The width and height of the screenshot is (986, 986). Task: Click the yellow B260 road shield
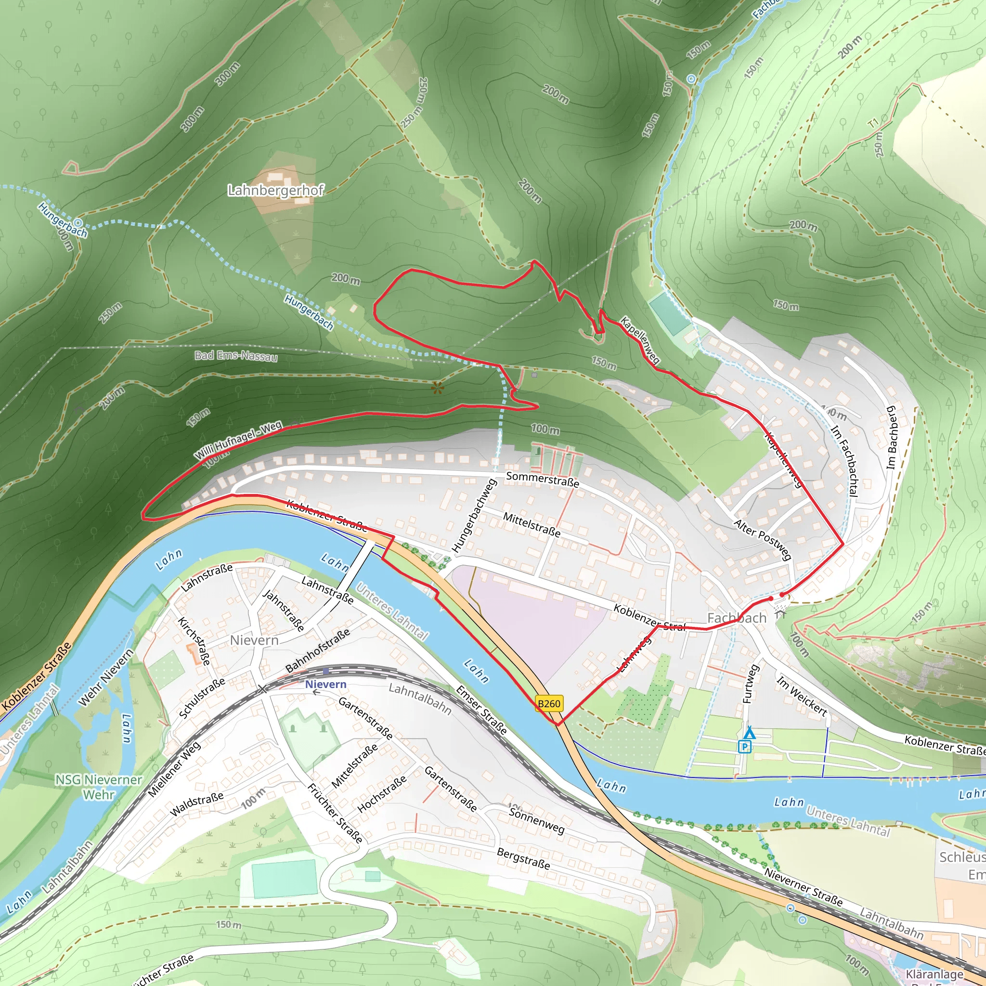click(x=549, y=704)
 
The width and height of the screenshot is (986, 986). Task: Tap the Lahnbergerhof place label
click(x=275, y=190)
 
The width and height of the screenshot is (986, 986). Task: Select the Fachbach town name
click(x=737, y=618)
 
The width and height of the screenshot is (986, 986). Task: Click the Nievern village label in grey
click(x=254, y=640)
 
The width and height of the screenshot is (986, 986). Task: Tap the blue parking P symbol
click(x=746, y=747)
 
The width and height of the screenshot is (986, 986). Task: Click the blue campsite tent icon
click(x=749, y=734)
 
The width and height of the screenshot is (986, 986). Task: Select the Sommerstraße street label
click(x=543, y=480)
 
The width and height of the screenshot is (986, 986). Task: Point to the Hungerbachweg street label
click(x=474, y=516)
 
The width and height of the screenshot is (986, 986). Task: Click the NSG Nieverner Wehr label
click(x=99, y=787)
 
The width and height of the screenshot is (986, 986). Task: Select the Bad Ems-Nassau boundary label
click(x=236, y=355)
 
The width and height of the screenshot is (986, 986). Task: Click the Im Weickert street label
click(x=801, y=695)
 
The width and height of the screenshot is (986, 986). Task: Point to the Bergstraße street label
click(x=523, y=858)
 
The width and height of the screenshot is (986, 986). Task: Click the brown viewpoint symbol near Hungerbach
click(x=437, y=388)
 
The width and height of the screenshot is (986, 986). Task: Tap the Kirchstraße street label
click(x=194, y=641)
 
